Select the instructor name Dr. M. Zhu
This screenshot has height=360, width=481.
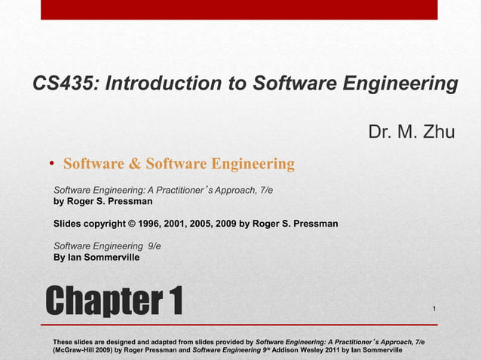(x=411, y=133)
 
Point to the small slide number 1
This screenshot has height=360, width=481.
(x=435, y=310)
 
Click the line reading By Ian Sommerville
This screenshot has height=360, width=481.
(x=96, y=257)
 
